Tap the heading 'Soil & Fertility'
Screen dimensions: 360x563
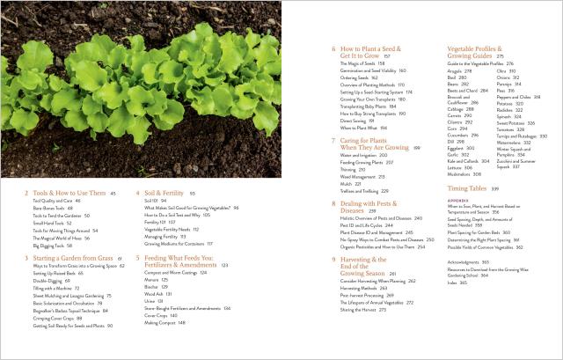(x=164, y=191)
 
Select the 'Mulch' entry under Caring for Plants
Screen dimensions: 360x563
(x=347, y=183)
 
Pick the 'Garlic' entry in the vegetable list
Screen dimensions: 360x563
(x=454, y=154)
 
